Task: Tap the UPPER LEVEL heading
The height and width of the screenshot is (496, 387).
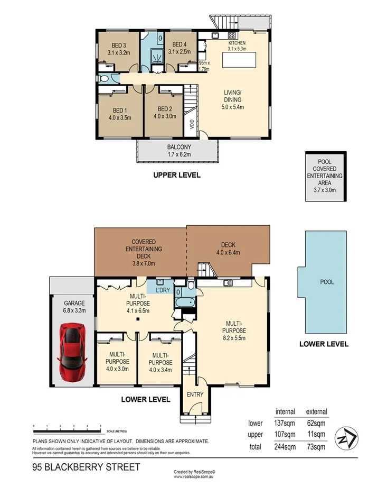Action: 177,175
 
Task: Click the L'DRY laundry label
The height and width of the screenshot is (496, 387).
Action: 162,290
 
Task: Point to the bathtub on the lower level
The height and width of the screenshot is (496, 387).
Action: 185,304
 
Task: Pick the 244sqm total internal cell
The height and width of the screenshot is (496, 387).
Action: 285,446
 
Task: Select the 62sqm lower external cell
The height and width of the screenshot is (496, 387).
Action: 317,423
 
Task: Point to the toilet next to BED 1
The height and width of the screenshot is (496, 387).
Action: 105,78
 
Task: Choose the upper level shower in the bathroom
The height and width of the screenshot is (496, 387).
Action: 157,56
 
